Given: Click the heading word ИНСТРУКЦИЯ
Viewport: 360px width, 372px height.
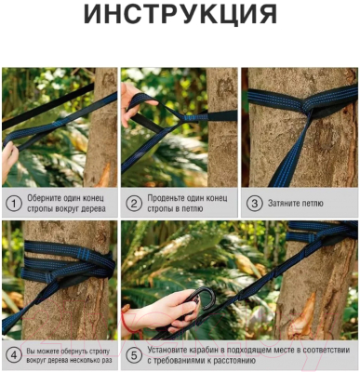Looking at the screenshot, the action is click(180, 15).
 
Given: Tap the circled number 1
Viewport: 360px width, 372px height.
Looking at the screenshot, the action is click(14, 204).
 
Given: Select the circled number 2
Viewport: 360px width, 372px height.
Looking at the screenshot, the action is click(134, 204).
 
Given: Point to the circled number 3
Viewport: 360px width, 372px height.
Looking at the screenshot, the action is click(254, 204).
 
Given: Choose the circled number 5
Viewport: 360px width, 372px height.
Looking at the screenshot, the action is click(134, 355).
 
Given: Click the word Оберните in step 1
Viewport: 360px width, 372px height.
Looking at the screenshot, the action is click(42, 198).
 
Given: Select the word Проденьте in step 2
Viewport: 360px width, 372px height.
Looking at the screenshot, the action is click(164, 198).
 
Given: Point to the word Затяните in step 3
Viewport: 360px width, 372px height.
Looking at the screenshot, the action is click(282, 204).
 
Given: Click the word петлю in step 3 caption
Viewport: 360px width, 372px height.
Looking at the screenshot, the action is click(311, 204).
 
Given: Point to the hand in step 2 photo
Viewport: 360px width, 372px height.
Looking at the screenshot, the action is click(132, 104).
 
